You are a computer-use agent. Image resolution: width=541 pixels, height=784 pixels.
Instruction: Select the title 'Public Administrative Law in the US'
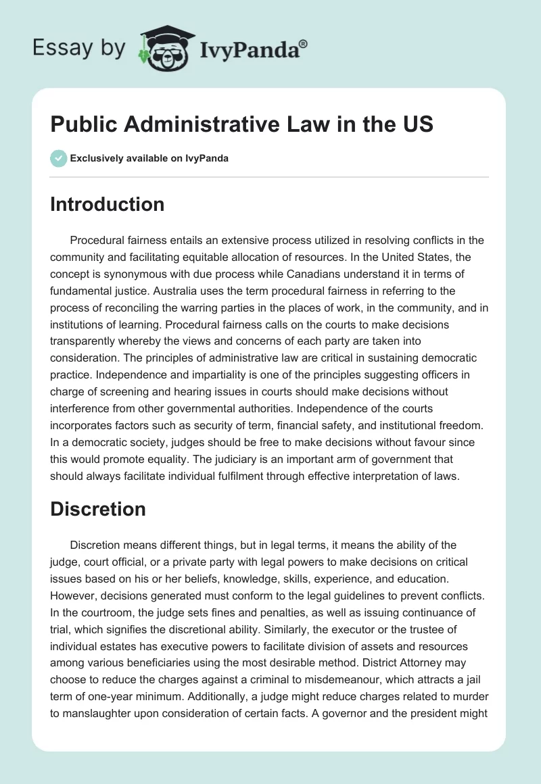coord(241,124)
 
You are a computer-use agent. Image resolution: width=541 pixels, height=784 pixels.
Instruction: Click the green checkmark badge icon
coord(58,158)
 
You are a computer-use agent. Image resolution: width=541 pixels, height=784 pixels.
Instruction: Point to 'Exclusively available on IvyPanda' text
coord(149,158)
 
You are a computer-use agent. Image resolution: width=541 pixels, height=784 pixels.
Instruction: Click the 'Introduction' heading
coord(107,204)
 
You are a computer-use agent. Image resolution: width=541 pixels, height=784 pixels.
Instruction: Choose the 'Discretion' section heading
coord(97,508)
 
